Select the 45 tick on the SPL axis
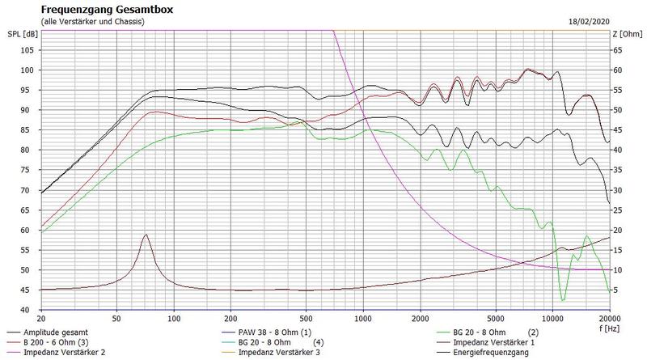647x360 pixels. pos(27,290)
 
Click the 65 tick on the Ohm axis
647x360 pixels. pos(619,50)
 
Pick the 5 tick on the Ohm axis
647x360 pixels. pos(617,290)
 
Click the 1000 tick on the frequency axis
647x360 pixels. pos(363,319)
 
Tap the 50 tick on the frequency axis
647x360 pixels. pos(116,319)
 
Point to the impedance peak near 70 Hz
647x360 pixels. pos(146,235)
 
